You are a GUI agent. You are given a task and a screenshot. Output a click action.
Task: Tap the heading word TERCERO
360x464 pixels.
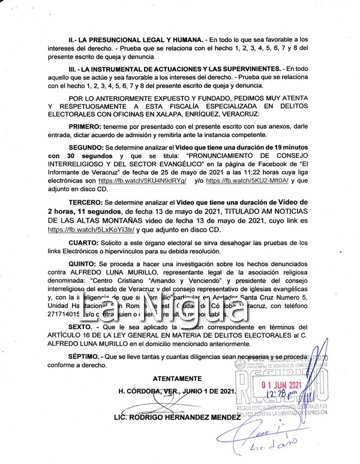(x=86, y=202)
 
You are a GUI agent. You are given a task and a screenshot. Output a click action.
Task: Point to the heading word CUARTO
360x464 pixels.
(x=85, y=241)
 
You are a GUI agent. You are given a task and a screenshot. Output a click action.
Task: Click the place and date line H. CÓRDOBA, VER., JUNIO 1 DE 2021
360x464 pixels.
(x=176, y=391)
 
